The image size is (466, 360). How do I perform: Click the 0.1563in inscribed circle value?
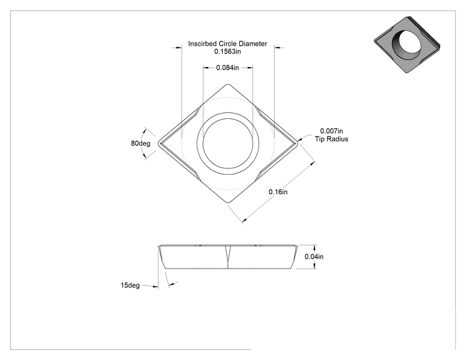pyautogui.click(x=227, y=52)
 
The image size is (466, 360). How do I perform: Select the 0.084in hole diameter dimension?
pyautogui.click(x=227, y=68)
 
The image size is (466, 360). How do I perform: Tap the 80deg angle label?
pyautogui.click(x=140, y=143)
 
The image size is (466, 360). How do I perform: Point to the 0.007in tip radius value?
pyautogui.click(x=331, y=131)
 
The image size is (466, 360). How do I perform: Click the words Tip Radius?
pyautogui.click(x=331, y=139)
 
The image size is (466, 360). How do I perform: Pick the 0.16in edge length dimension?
pyautogui.click(x=278, y=192)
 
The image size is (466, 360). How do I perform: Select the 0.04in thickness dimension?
pyautogui.click(x=314, y=257)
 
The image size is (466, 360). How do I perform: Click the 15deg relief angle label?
pyautogui.click(x=130, y=285)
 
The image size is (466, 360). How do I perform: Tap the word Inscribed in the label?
pyautogui.click(x=202, y=44)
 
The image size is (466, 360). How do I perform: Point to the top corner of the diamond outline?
pyautogui.click(x=228, y=85)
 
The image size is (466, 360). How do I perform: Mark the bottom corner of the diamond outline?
pyautogui.click(x=228, y=203)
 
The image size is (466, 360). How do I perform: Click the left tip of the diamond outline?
pyautogui.click(x=158, y=143)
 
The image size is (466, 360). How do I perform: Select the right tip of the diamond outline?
pyautogui.click(x=298, y=143)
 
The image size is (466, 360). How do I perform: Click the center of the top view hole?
pyautogui.click(x=228, y=143)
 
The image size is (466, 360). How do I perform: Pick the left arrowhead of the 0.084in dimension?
pyautogui.click(x=205, y=68)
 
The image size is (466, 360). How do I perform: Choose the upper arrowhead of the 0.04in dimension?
pyautogui.click(x=314, y=247)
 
